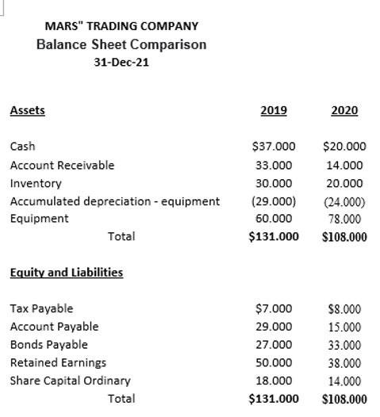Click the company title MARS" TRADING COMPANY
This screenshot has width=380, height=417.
[121, 26]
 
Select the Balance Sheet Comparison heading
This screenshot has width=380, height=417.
[121, 44]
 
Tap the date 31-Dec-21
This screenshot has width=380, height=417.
[121, 63]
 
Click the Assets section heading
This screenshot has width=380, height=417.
[27, 110]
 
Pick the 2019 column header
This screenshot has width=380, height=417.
[274, 111]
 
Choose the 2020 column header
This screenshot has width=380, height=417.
[344, 111]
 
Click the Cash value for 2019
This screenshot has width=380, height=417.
[273, 147]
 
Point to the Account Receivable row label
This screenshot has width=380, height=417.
[62, 165]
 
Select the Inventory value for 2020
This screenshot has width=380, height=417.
[344, 182]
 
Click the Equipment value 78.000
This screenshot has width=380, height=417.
[344, 218]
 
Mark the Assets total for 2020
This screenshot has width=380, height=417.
[344, 236]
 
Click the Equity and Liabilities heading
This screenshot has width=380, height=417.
[66, 273]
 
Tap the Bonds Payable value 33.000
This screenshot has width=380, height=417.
[344, 344]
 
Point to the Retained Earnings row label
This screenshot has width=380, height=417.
[58, 362]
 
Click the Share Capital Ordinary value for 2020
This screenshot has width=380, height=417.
[344, 381]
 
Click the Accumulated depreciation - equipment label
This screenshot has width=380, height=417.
[114, 201]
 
